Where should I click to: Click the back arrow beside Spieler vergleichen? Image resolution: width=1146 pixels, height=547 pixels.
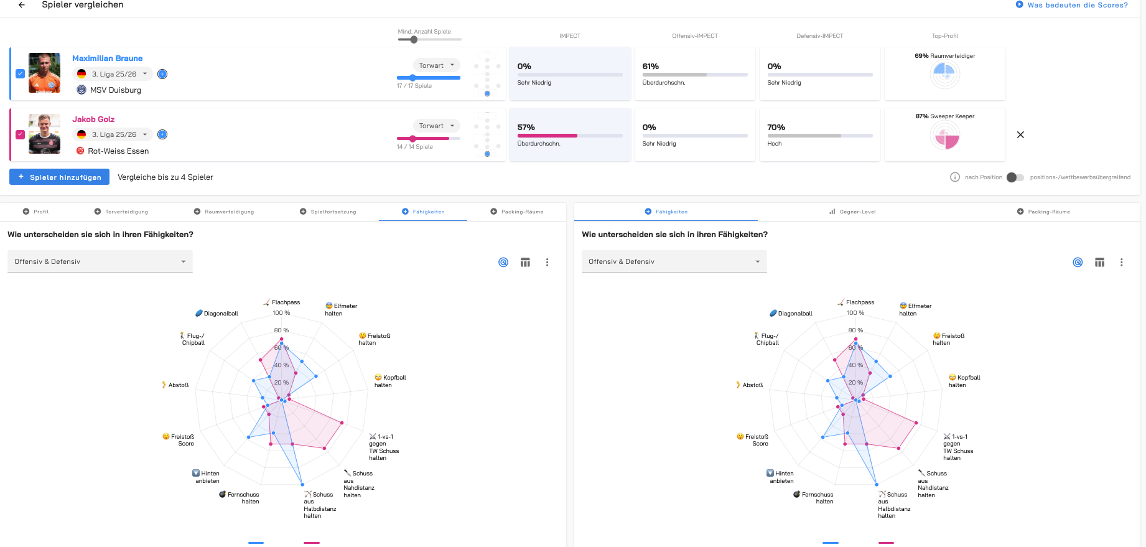22,5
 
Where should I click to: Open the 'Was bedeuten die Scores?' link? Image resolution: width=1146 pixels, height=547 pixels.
1077,5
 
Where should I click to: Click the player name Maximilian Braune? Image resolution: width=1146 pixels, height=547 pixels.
107,58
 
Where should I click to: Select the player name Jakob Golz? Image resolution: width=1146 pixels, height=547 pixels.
93,119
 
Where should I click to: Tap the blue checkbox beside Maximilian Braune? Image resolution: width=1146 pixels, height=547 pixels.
20,73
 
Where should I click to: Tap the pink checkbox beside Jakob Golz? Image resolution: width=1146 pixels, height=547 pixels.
20,134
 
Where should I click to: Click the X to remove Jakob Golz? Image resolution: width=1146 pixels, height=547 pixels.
1020,134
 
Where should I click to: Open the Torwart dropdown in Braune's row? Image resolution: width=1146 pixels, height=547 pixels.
436,65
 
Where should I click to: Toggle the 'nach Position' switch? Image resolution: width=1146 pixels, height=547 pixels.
1015,177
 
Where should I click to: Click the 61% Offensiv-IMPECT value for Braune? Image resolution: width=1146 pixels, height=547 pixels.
651,67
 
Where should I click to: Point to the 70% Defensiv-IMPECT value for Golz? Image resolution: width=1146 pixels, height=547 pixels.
776,128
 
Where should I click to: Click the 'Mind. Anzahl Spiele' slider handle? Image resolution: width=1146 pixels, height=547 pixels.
414,40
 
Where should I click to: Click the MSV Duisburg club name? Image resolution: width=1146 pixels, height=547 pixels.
115,90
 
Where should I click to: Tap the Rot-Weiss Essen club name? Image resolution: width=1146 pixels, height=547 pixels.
118,151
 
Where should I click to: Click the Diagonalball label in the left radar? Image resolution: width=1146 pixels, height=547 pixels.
221,314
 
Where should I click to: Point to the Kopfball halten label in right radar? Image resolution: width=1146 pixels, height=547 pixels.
964,381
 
